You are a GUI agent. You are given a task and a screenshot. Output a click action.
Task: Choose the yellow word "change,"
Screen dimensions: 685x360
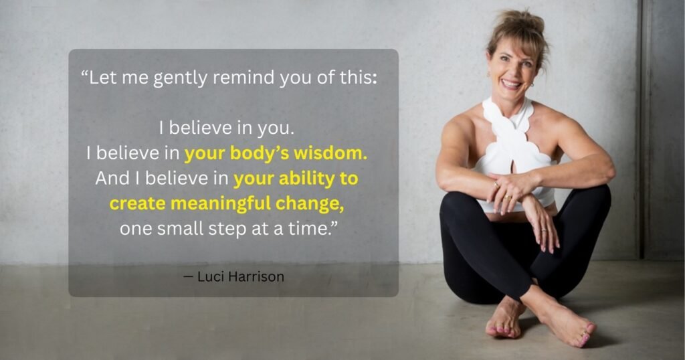(309, 205)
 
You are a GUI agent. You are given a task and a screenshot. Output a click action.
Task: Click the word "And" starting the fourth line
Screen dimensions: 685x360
(109, 178)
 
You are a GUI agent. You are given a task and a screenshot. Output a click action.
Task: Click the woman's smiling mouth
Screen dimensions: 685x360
(512, 84)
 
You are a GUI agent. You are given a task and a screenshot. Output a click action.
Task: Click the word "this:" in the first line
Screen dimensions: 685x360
(359, 78)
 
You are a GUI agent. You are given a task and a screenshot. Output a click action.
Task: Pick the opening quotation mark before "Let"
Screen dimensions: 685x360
(84, 73)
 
